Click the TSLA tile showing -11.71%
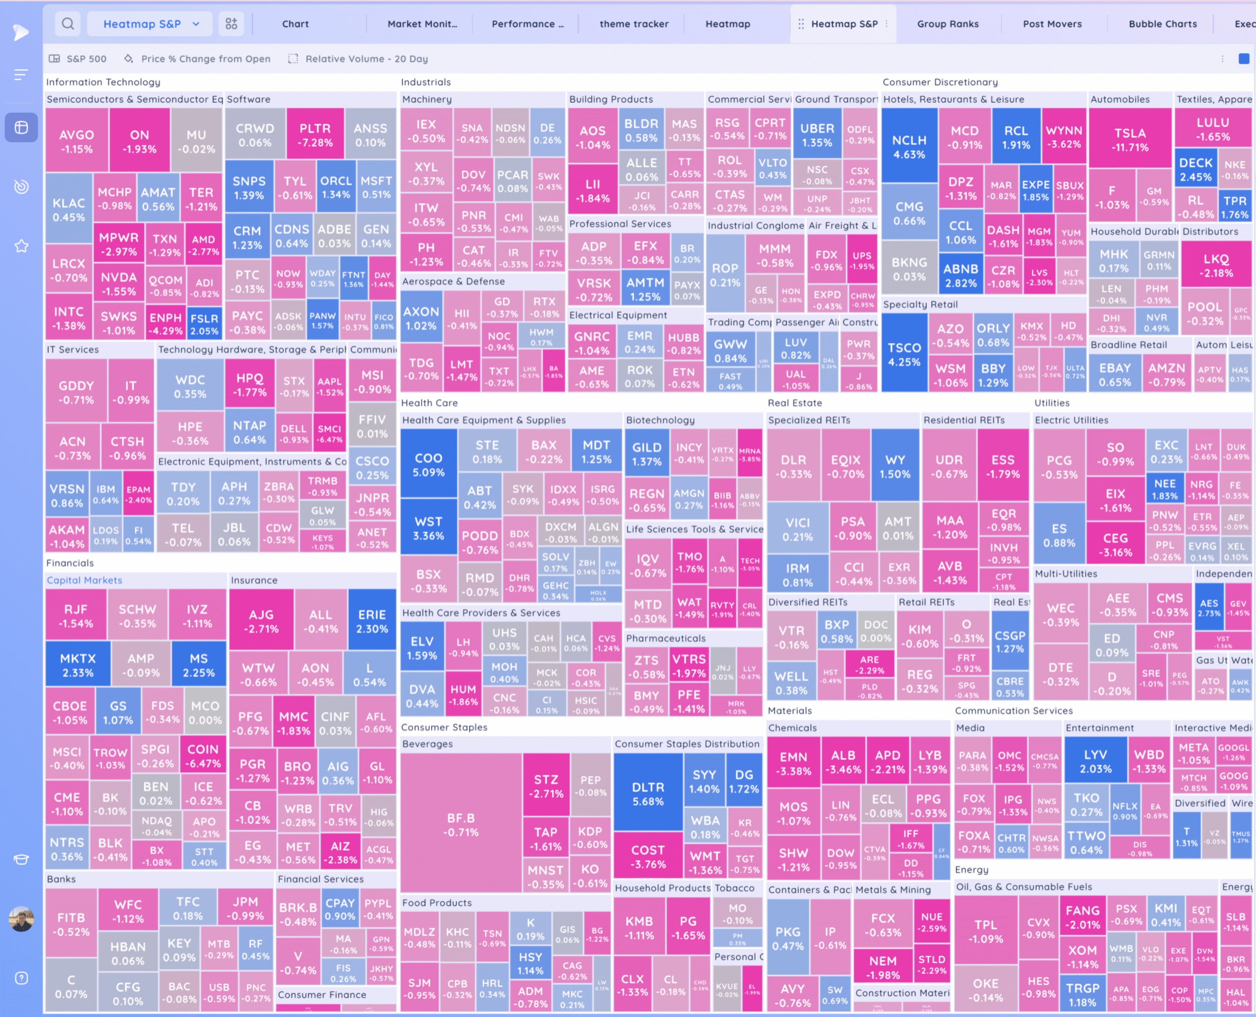pos(1129,139)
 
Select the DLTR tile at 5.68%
pos(648,794)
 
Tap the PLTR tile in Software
pos(315,135)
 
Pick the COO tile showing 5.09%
pos(428,464)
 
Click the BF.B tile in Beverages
pos(461,824)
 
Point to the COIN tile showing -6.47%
pos(203,756)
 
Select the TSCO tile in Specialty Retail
pos(904,354)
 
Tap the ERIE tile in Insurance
pos(372,621)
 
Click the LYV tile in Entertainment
pos(1095,761)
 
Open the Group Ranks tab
pos(947,24)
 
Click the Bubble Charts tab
pos(1162,24)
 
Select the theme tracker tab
pos(633,24)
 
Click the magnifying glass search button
pos(68,24)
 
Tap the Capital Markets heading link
pos(84,580)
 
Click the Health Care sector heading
pos(429,402)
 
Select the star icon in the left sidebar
pos(22,246)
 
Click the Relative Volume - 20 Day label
pos(366,58)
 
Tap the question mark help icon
pos(22,978)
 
